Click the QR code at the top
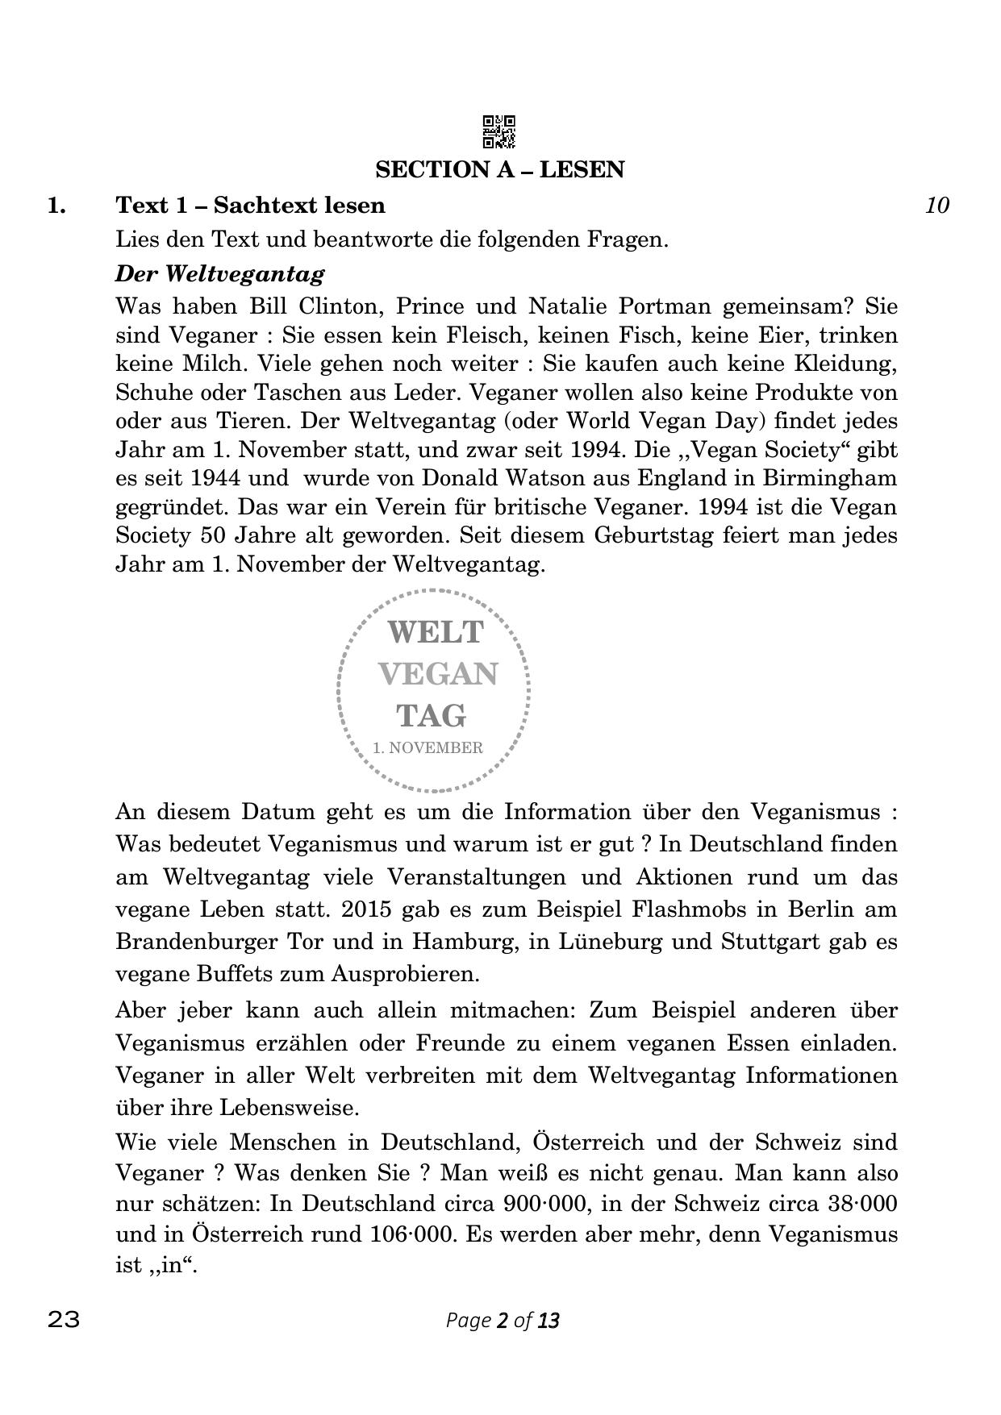(499, 132)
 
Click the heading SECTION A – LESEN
(499, 169)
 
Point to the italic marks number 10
(936, 205)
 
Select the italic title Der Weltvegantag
(219, 273)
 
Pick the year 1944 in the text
(215, 478)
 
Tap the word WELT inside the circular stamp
(436, 631)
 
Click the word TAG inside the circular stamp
(431, 715)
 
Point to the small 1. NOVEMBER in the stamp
(428, 747)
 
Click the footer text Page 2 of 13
(502, 1321)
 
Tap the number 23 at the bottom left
(65, 1320)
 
